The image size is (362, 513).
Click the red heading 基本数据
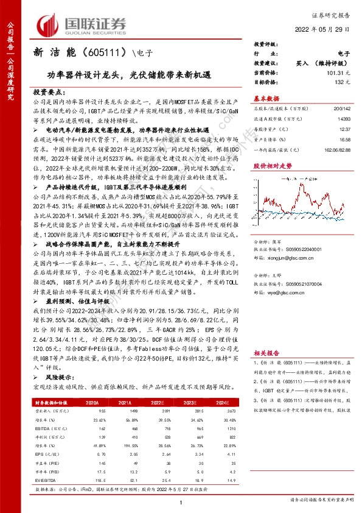point(266,98)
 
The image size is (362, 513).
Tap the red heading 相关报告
point(266,352)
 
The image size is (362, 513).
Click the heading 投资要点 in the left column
point(49,90)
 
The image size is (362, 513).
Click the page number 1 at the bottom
point(181,501)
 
